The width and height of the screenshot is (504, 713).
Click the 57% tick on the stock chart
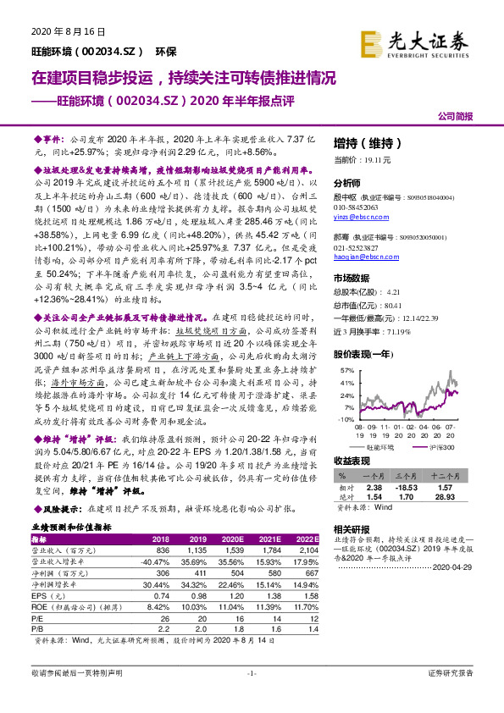(346, 372)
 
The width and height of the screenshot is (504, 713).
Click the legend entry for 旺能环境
(380, 447)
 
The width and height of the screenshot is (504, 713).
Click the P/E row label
(38, 617)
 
